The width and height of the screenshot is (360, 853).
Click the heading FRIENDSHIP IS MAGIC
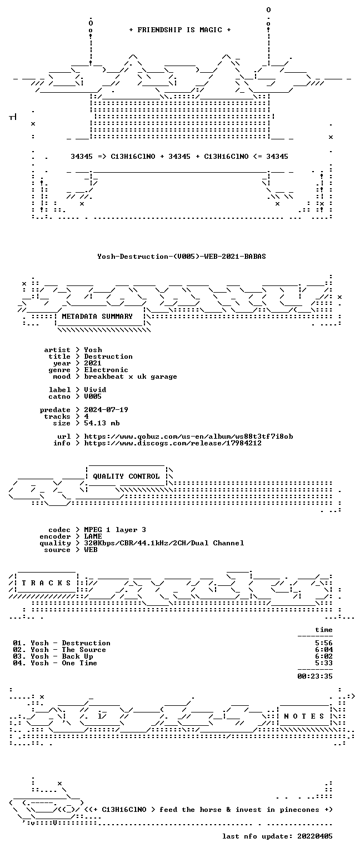pyautogui.click(x=180, y=30)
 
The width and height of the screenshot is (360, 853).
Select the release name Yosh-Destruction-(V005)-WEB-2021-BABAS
pyautogui.click(x=181, y=257)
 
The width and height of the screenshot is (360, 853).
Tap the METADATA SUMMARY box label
pyautogui.click(x=97, y=317)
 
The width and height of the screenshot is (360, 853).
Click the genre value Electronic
pyautogui.click(x=106, y=370)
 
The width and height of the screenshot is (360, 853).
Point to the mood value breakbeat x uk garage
pyautogui.click(x=131, y=377)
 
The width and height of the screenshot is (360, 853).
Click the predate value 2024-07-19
pyautogui.click(x=106, y=410)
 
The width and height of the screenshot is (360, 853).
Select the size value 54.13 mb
pyautogui.click(x=102, y=423)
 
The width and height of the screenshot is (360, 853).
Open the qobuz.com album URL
pyautogui.click(x=188, y=436)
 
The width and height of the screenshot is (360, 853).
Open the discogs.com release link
pyautogui.click(x=173, y=443)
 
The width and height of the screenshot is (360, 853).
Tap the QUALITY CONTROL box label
pyautogui.click(x=126, y=476)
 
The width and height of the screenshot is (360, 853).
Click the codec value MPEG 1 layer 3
pyautogui.click(x=115, y=530)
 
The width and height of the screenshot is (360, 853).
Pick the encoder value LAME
pyautogui.click(x=93, y=536)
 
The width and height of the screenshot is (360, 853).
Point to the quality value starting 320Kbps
pyautogui.click(x=164, y=544)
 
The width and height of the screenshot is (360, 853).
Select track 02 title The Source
pyautogui.click(x=84, y=650)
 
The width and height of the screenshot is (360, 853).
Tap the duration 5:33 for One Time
pyautogui.click(x=324, y=663)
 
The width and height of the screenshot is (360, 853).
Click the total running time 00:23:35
pyautogui.click(x=315, y=676)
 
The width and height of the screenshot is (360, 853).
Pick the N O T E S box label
pyautogui.click(x=304, y=716)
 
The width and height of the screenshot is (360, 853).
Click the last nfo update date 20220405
pyautogui.click(x=315, y=836)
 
